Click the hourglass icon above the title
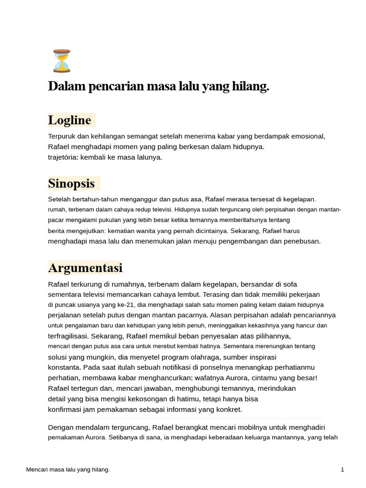tap(62, 61)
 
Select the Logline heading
tap(70, 120)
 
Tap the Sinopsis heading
tap(71, 183)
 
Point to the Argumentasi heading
tap(85, 268)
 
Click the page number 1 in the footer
tap(342, 470)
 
